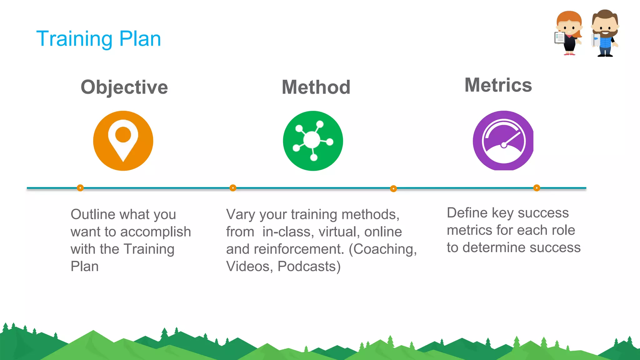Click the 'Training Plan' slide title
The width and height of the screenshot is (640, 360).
98,39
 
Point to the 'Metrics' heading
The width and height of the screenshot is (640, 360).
498,85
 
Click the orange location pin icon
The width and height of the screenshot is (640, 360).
123,141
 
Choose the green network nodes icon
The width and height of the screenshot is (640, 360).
313,141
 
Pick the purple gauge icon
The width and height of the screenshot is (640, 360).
503,141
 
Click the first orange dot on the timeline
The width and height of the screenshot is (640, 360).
80,188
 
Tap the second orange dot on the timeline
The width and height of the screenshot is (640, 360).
233,188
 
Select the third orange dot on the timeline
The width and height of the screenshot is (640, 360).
393,188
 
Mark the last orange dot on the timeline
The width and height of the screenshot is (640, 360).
537,188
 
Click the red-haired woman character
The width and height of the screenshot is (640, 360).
569,33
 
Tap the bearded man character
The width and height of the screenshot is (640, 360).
605,33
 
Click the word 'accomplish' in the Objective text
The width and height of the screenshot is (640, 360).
155,232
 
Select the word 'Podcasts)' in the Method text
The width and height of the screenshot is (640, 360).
309,267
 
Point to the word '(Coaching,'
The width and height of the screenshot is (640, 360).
383,249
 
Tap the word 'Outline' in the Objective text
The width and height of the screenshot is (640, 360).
93,214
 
